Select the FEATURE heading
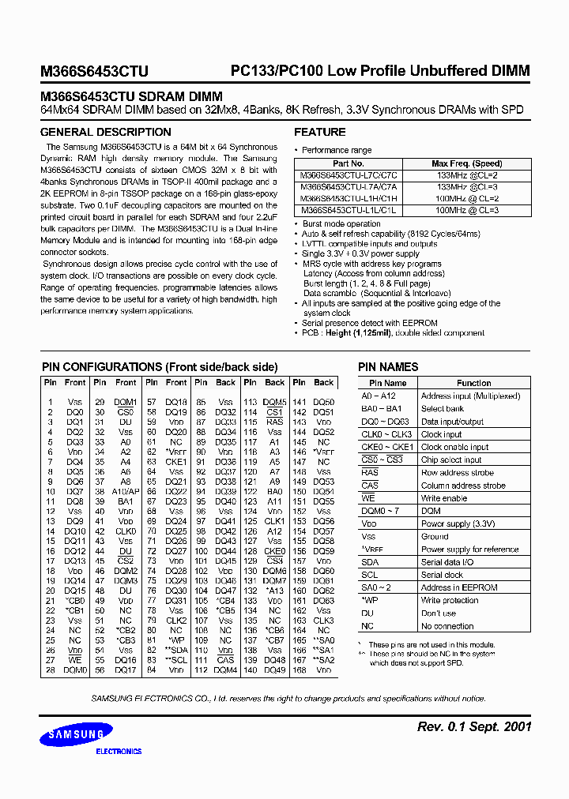click(x=320, y=133)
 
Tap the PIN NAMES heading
click(x=388, y=367)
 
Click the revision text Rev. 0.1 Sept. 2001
click(x=473, y=726)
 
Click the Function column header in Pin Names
click(x=473, y=383)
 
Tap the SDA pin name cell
click(x=370, y=562)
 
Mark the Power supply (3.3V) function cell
click(x=457, y=523)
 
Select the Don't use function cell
click(x=439, y=613)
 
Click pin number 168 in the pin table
click(x=299, y=670)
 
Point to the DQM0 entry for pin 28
click(x=75, y=670)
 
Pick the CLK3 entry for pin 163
click(x=323, y=621)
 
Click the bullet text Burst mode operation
click(x=341, y=223)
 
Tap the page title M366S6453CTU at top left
click(x=94, y=71)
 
